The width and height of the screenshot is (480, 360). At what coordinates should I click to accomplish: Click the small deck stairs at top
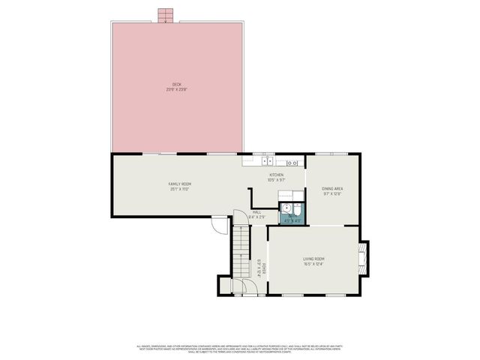[166, 16]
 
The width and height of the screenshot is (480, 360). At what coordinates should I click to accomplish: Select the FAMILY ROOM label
[179, 184]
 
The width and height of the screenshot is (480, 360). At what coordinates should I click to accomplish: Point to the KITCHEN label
[277, 175]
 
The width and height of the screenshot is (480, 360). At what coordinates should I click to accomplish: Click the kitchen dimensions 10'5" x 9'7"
[277, 180]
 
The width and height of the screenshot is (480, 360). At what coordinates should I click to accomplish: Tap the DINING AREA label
[332, 188]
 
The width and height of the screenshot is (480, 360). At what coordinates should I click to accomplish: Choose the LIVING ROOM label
[313, 259]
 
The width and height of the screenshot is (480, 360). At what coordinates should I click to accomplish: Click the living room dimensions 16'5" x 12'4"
[313, 264]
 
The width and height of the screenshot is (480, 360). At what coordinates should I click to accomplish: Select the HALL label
[256, 212]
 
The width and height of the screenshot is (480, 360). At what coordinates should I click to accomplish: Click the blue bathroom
[290, 214]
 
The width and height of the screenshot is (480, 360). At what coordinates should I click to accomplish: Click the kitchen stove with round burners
[293, 162]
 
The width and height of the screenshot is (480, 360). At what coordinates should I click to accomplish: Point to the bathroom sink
[285, 209]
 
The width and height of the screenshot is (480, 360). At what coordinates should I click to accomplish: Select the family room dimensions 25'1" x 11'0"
[179, 189]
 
